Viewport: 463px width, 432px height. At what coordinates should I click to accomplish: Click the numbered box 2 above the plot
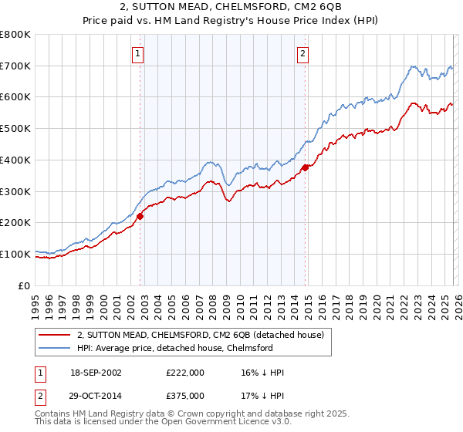[302, 53]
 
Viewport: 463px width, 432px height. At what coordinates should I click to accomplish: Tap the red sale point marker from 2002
[140, 216]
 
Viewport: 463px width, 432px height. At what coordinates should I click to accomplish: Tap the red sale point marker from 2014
[306, 167]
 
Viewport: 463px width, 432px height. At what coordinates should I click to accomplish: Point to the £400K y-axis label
[15, 160]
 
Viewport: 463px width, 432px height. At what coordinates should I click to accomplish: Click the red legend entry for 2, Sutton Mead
[204, 335]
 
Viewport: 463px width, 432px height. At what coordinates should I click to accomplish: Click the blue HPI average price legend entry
[175, 348]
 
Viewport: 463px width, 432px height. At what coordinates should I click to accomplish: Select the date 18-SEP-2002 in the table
[95, 373]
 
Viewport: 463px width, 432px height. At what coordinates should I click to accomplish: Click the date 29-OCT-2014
[95, 394]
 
